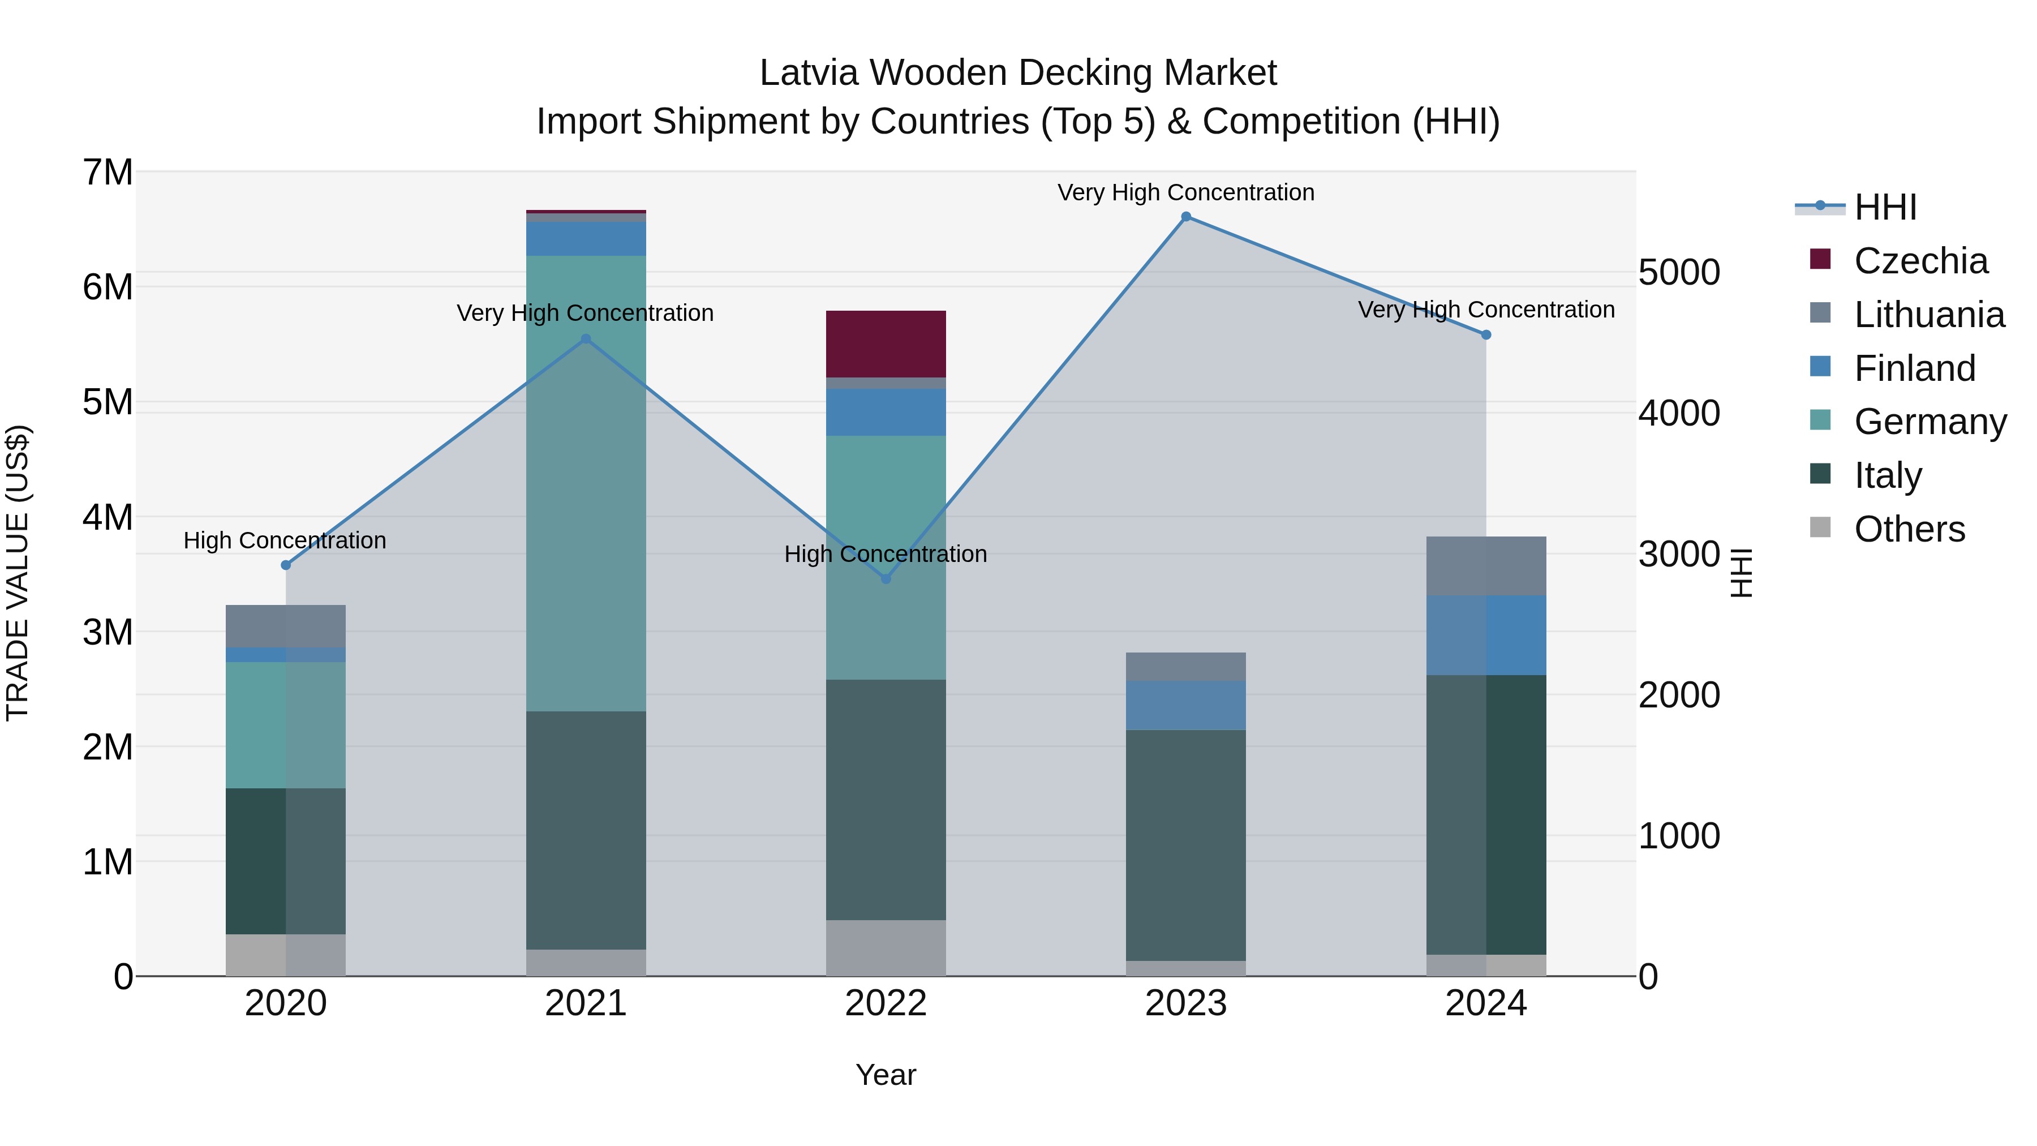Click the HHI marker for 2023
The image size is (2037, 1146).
[x=1185, y=217]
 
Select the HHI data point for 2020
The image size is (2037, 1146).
[x=286, y=565]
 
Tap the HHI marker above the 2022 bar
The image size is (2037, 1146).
[x=886, y=579]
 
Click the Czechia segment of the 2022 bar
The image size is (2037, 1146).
[x=886, y=344]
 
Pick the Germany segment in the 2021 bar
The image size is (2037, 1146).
[x=586, y=482]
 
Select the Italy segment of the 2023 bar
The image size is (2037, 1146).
[x=1185, y=845]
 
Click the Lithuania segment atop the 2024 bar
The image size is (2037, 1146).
[x=1485, y=565]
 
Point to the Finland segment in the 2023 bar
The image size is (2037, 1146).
[x=1185, y=705]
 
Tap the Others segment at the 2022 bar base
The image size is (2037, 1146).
[x=886, y=947]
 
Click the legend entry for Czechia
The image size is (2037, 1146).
[x=1920, y=261]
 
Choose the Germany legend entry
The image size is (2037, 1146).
[x=1929, y=422]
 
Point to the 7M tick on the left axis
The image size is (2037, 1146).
[x=108, y=173]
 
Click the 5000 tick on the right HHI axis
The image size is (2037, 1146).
[x=1679, y=272]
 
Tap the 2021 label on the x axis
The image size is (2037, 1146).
[x=586, y=1003]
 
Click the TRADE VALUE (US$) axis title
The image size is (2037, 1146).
[x=18, y=573]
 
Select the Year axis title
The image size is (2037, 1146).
[x=886, y=1075]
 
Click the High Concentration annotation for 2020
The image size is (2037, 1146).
[x=285, y=541]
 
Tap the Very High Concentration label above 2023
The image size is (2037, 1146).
[x=1185, y=192]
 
